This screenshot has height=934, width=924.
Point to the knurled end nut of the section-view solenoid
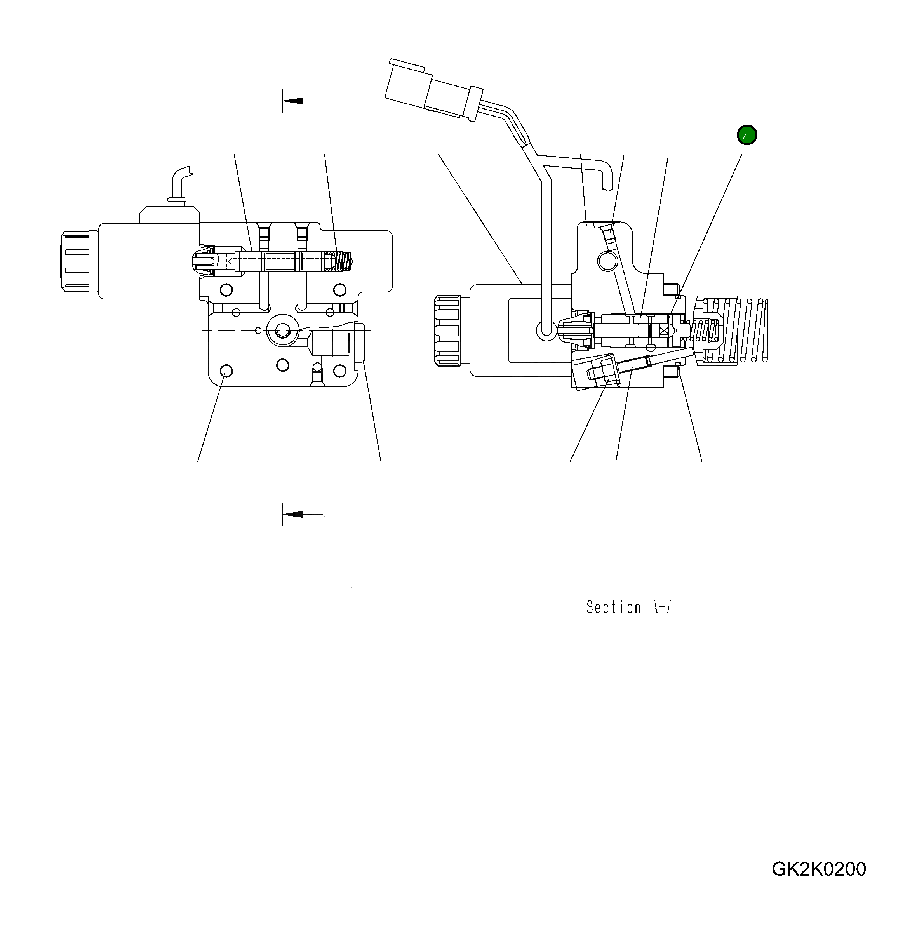coord(447,330)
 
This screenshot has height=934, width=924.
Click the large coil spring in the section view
coord(740,330)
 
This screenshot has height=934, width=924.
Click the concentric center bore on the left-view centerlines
coord(282,330)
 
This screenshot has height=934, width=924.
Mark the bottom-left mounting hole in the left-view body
coord(226,371)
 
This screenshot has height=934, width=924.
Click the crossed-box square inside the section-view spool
coord(666,330)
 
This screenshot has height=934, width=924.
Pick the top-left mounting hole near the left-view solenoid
coord(226,290)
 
